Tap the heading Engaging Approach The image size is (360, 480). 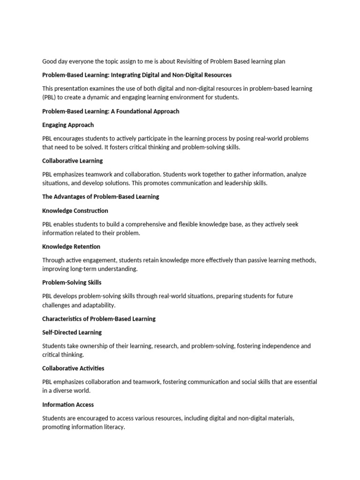click(68, 125)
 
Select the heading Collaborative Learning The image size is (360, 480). click(73, 161)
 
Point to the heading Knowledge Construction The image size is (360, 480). click(75, 211)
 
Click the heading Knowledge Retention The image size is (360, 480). click(71, 247)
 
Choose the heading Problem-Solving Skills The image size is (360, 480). click(72, 283)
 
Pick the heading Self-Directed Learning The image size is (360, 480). click(72, 332)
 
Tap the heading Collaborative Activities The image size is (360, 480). click(73, 368)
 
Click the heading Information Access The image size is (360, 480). click(68, 405)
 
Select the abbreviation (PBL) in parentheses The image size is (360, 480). click(50, 97)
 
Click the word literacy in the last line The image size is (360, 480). click(114, 427)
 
